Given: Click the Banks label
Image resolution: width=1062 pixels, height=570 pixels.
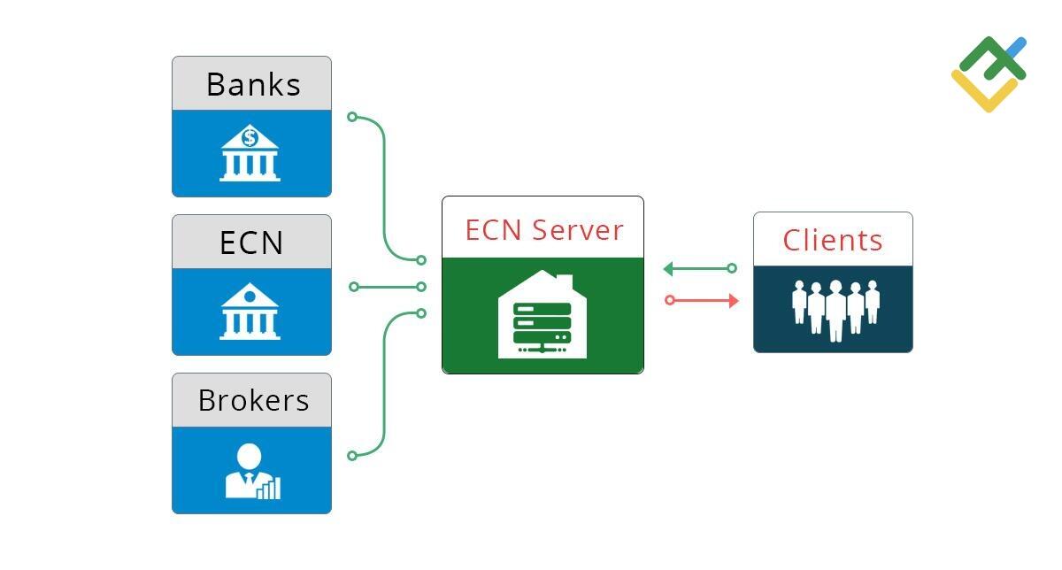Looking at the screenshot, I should point(253,84).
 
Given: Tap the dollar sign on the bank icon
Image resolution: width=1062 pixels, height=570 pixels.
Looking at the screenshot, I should point(250,138).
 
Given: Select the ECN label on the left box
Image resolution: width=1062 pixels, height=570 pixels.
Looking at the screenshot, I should point(251,243).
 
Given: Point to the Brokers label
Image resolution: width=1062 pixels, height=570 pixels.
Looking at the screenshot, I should point(253,400).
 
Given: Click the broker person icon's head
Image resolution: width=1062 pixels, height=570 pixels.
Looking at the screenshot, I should point(249,457).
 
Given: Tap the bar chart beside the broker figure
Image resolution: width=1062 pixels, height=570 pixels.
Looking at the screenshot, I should point(269,489).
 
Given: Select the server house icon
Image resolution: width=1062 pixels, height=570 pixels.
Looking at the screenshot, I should point(543,316).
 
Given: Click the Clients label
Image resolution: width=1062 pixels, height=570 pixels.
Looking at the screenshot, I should point(833,240).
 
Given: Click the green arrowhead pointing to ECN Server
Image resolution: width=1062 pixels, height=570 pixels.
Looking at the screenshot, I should point(669,269).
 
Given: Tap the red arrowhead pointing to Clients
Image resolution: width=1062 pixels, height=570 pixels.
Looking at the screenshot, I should point(733,301).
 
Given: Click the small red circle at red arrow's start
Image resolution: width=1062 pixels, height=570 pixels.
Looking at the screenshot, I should point(670,301).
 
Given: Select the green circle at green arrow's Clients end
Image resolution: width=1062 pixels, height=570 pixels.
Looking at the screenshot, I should point(732,268).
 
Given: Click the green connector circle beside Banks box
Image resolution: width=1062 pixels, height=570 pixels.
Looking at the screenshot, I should point(352,117).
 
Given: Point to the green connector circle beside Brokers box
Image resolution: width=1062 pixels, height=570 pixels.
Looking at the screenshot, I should point(352,456).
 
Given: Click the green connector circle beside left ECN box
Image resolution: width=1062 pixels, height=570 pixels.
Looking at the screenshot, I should point(354,287).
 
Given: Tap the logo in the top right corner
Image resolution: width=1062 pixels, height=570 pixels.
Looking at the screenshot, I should point(989,73).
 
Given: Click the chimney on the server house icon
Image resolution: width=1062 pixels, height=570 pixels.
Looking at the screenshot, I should point(564,283).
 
